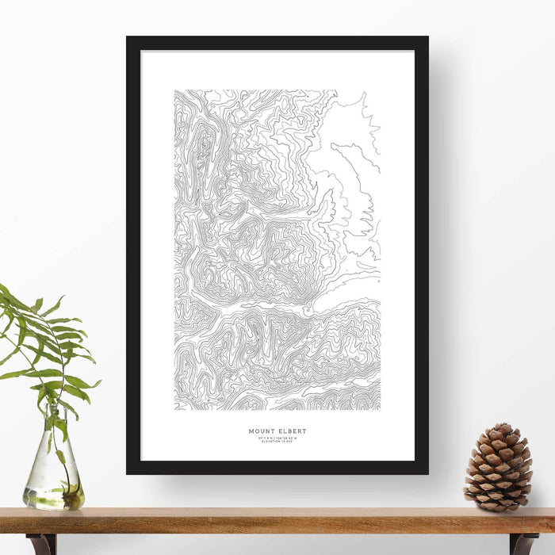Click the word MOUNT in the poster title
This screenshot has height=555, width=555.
[261, 431]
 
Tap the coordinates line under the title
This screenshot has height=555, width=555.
[277, 438]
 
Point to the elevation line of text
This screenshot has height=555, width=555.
[277, 442]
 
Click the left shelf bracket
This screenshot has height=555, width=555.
[41, 544]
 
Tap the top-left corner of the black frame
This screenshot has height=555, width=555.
[128, 38]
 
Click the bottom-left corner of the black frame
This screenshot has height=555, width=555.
[128, 473]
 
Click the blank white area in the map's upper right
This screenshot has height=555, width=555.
[349, 127]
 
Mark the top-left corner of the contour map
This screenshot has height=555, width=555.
[175, 90]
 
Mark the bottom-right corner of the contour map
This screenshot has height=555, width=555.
[380, 409]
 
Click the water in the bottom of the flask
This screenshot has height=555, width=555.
[52, 498]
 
